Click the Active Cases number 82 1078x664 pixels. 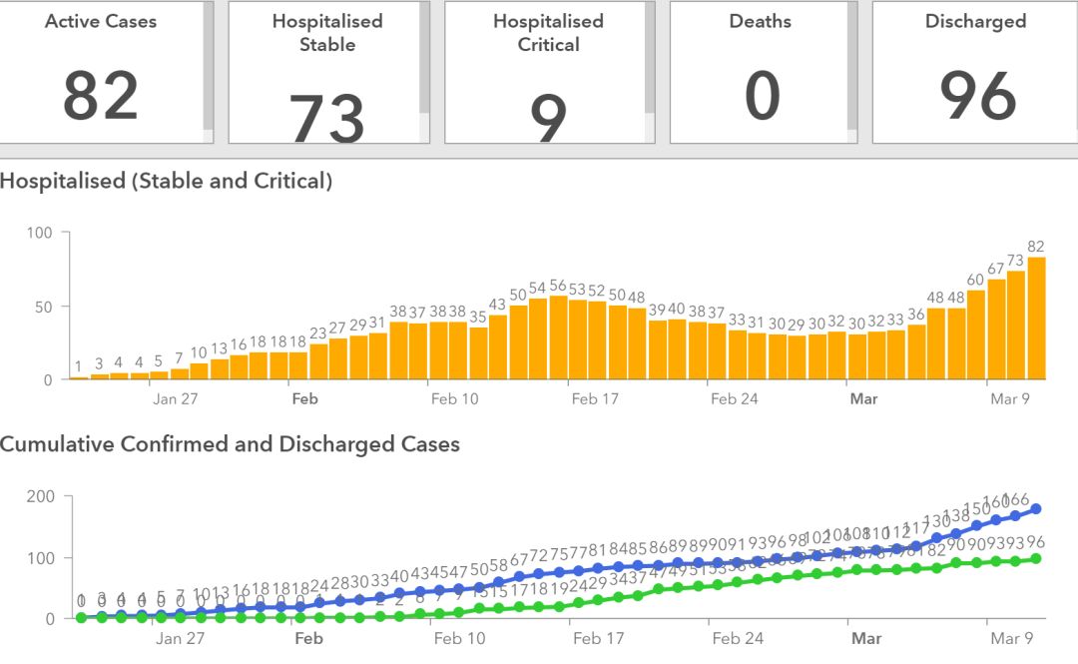tap(100, 97)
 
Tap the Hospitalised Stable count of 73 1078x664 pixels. tap(327, 118)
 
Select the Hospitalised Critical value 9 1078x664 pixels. tap(548, 119)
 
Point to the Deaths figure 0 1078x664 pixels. tap(762, 97)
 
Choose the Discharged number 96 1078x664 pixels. tap(977, 97)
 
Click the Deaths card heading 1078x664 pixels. tap(761, 21)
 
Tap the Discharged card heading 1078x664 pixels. tap(975, 21)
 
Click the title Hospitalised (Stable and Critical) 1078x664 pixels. tap(166, 181)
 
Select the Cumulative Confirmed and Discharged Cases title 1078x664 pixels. tap(230, 444)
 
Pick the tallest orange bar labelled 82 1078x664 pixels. tap(1036, 319)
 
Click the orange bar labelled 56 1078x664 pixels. tap(558, 337)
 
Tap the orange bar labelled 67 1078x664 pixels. tap(996, 330)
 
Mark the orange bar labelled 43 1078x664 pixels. tap(498, 347)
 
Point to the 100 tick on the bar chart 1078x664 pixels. tap(44, 233)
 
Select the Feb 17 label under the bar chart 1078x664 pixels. tap(597, 399)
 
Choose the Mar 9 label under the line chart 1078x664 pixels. tap(1010, 638)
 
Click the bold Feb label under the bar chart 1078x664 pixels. tap(304, 399)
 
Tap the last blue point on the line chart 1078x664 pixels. tap(1036, 509)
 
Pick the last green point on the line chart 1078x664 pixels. tap(1036, 558)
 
